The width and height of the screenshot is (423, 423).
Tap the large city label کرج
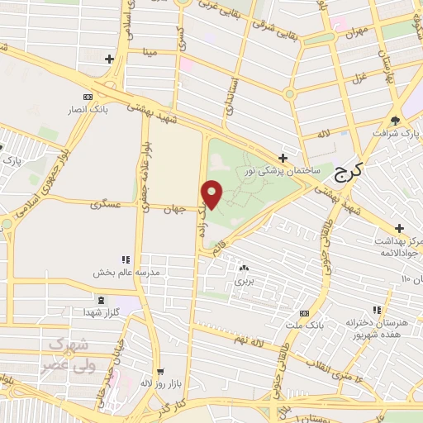click(351, 174)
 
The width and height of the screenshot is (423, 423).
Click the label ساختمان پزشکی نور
click(283, 171)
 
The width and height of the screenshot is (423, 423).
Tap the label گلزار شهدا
click(99, 312)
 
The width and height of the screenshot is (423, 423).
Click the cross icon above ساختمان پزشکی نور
click(283, 157)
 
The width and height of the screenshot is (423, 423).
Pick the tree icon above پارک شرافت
click(395, 121)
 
